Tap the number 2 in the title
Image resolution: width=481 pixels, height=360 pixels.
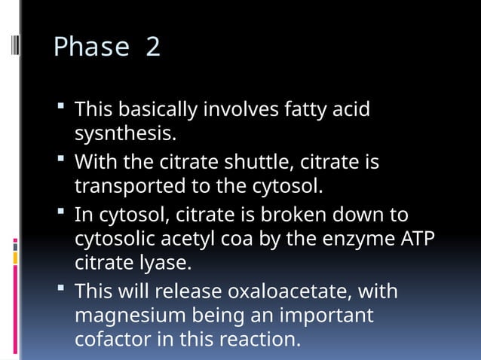coord(153,47)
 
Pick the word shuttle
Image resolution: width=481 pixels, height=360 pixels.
coord(250,162)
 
